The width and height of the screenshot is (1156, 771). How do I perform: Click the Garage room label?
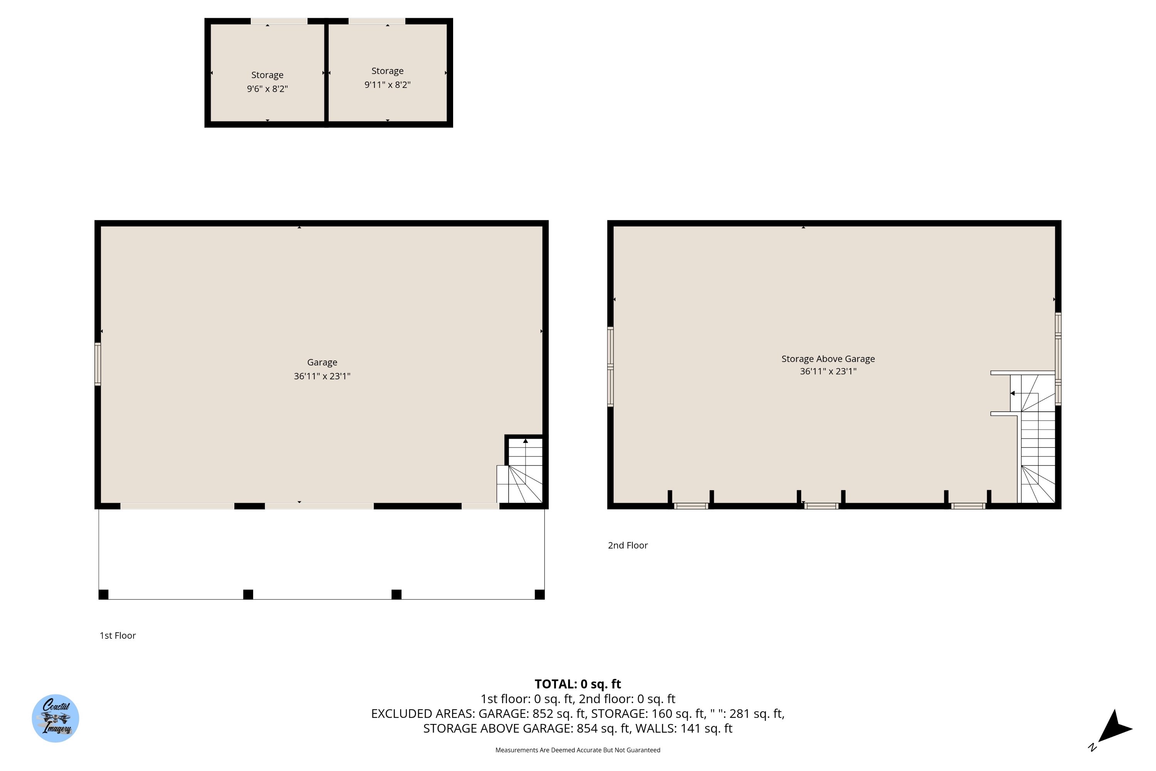[322, 362]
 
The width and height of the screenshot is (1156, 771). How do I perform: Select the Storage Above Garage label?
[828, 359]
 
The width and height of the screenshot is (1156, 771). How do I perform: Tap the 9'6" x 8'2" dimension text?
[267, 89]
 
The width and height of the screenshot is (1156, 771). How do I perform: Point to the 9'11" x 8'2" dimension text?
[387, 84]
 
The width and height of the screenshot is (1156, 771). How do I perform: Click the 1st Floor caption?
[118, 635]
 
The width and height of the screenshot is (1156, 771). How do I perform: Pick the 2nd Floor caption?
[628, 545]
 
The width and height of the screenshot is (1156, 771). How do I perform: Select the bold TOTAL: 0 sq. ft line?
[578, 684]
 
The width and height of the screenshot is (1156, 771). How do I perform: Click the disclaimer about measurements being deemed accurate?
[578, 750]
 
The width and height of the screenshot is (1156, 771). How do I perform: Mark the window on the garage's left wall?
[98, 364]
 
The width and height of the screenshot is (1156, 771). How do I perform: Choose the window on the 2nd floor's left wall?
[610, 366]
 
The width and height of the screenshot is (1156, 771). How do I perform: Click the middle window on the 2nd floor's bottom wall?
[821, 506]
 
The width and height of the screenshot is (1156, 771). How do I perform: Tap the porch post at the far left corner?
[103, 594]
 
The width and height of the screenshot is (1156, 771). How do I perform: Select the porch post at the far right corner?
[540, 594]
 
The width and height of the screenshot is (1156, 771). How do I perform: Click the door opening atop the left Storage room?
[279, 21]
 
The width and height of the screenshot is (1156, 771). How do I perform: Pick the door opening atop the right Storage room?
[377, 21]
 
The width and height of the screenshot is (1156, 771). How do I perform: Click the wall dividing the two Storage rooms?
[326, 73]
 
